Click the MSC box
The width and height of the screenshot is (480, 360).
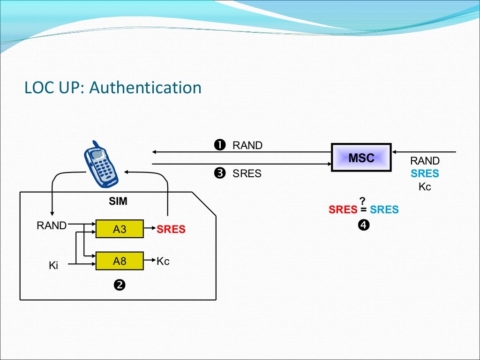point(361,157)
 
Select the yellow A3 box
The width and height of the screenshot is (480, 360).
point(120,229)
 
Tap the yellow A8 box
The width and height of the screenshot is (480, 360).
point(120,261)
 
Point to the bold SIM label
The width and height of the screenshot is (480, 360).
point(118,202)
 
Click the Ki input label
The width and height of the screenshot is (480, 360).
point(53,266)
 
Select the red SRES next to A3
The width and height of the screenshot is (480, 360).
point(171,230)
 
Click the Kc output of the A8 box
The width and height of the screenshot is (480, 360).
point(163,261)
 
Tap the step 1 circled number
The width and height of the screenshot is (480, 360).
point(219,145)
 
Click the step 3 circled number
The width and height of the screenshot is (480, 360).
point(219,174)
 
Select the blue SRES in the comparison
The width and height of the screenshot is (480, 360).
point(384,210)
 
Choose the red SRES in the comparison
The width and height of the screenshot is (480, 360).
point(343,210)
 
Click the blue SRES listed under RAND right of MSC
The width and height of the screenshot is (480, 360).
point(425,174)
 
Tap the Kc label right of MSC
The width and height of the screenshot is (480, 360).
point(425,187)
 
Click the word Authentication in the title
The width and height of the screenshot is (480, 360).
point(145,88)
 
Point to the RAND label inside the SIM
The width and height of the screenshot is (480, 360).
point(52,225)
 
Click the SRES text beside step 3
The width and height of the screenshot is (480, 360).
point(247,174)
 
